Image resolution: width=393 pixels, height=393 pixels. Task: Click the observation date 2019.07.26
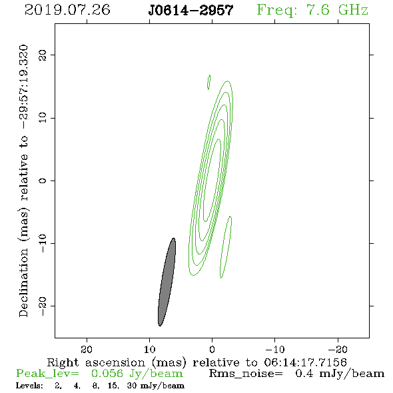click(x=67, y=10)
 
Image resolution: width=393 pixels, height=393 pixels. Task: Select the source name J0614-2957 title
click(x=191, y=11)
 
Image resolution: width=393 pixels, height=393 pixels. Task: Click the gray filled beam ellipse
click(x=167, y=282)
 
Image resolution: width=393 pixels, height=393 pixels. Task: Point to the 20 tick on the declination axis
click(x=43, y=55)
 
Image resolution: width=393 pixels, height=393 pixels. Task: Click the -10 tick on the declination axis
click(x=43, y=243)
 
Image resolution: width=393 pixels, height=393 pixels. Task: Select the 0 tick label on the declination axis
click(x=43, y=181)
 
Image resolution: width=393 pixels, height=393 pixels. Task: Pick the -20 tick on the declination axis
click(x=43, y=306)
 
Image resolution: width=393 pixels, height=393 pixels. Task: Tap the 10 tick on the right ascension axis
click(x=150, y=349)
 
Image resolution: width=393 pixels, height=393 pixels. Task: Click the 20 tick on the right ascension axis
click(x=87, y=349)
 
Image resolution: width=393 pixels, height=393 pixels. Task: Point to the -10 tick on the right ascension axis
click(x=275, y=349)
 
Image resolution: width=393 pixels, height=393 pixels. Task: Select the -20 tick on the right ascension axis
click(x=338, y=349)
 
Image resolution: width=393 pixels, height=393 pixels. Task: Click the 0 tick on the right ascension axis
click(x=212, y=349)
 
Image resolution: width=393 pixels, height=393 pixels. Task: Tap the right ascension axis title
click(x=196, y=362)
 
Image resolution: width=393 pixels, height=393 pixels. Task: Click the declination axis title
click(x=23, y=181)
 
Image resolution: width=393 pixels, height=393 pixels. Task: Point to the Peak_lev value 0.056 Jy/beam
click(x=137, y=374)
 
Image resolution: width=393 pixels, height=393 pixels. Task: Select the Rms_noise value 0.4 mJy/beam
click(x=340, y=374)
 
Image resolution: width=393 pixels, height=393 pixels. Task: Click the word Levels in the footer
click(x=29, y=386)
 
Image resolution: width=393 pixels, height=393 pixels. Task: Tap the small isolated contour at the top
click(x=208, y=82)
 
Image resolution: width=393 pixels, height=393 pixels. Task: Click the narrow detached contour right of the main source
click(x=226, y=247)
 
